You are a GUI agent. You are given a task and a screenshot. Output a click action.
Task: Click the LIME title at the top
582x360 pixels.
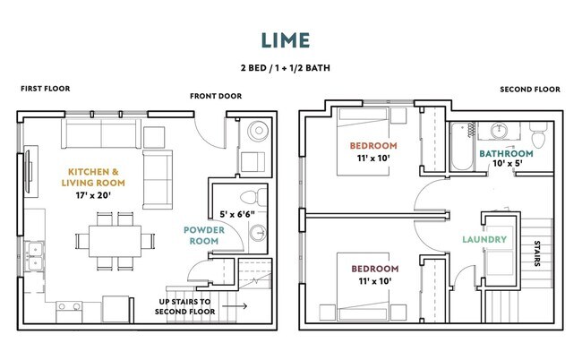click(x=286, y=40)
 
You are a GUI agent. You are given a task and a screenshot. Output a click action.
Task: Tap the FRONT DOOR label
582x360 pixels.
click(x=216, y=96)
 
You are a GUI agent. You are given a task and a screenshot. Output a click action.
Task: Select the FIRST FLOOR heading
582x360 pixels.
click(x=46, y=89)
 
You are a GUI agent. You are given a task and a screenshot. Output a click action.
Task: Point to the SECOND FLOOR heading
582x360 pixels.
click(x=530, y=90)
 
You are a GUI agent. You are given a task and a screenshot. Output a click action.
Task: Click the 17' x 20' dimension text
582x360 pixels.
click(x=93, y=195)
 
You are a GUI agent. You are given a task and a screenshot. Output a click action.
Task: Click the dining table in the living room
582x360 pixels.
click(x=115, y=241)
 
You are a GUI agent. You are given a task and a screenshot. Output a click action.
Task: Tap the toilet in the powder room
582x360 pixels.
click(x=254, y=197)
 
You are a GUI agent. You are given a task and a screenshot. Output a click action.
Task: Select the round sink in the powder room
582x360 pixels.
click(x=258, y=233)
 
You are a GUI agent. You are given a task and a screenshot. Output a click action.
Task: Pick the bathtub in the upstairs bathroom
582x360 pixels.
click(x=462, y=147)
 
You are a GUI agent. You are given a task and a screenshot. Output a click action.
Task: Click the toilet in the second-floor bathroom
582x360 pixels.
click(x=538, y=135)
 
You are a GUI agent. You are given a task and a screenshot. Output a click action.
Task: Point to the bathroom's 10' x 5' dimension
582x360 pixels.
click(x=508, y=163)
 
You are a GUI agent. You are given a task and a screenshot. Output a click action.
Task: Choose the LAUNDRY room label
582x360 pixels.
click(x=484, y=239)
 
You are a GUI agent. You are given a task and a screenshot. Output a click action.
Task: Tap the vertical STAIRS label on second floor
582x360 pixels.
click(x=536, y=253)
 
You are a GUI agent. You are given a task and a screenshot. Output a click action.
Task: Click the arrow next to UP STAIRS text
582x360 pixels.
click(x=235, y=306)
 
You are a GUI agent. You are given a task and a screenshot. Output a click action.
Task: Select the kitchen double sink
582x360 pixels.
click(x=34, y=256)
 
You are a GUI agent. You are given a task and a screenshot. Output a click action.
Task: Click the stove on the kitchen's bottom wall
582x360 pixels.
click(x=69, y=312)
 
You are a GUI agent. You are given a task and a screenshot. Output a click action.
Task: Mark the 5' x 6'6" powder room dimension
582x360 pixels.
click(x=236, y=215)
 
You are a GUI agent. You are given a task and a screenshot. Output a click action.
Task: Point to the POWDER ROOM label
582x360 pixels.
click(x=204, y=236)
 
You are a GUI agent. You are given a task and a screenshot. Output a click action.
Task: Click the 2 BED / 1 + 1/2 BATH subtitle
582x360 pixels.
click(x=286, y=68)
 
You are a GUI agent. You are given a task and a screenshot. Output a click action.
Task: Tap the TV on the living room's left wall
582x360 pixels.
click(x=29, y=171)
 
